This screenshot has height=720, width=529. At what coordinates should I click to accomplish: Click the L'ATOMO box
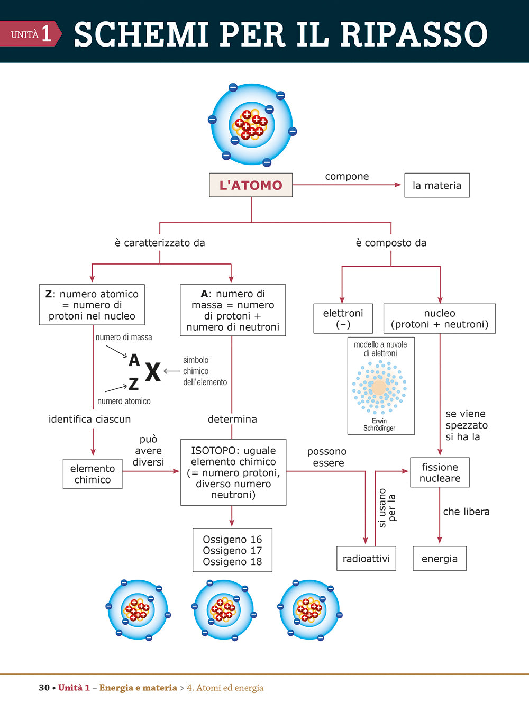click(251, 185)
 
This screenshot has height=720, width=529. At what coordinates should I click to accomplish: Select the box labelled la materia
click(437, 186)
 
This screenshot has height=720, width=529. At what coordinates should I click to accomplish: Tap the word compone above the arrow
click(347, 176)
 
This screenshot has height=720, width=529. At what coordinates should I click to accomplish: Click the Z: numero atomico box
click(92, 305)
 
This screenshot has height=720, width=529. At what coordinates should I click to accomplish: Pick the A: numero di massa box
click(233, 311)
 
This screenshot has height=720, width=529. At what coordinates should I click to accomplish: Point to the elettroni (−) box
click(343, 318)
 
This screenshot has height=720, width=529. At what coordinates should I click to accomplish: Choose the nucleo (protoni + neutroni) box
click(439, 318)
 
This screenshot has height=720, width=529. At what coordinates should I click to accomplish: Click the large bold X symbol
click(152, 372)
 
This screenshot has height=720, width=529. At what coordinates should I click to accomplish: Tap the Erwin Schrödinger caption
click(379, 425)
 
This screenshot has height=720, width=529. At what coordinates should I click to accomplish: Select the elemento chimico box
click(93, 474)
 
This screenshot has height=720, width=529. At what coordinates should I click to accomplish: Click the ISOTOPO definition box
click(233, 472)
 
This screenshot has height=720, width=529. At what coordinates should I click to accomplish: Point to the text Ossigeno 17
click(232, 551)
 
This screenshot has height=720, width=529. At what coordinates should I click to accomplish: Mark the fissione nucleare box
click(440, 472)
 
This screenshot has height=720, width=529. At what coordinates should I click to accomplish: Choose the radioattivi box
click(366, 559)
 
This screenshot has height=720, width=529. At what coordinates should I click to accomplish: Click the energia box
click(440, 559)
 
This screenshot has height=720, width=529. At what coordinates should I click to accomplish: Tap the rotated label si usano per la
click(387, 508)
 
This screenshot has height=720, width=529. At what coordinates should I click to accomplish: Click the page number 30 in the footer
click(44, 688)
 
